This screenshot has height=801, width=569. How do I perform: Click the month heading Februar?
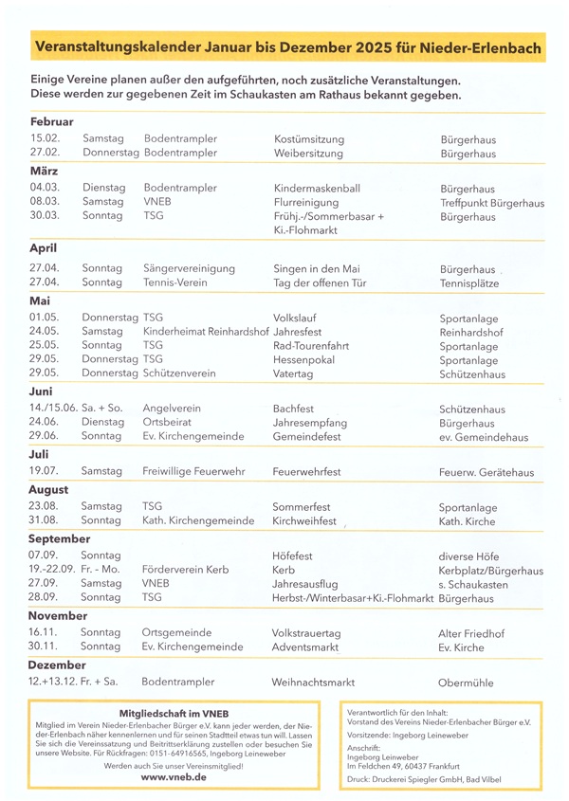pos(51,122)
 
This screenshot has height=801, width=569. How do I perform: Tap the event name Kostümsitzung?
pos(308,139)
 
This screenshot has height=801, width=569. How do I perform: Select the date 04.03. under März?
pos(45,189)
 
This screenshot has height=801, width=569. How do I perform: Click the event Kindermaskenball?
pos(317,189)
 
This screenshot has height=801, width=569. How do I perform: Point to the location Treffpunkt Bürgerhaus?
pos(491,203)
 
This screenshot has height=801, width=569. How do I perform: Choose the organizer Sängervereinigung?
pos(190,268)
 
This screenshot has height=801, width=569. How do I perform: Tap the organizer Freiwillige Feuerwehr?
pos(194,471)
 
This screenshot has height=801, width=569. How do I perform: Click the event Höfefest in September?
pos(292,555)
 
